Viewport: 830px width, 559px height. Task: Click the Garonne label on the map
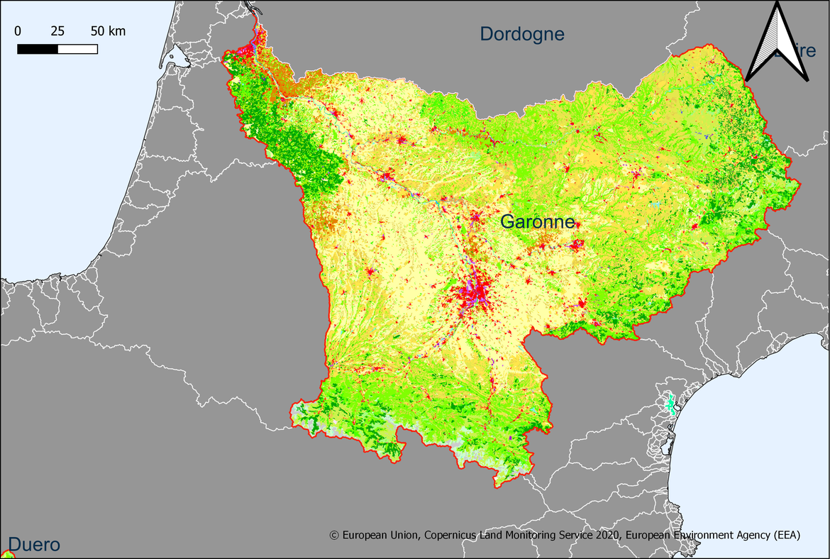[537, 222]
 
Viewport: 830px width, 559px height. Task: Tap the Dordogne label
[522, 33]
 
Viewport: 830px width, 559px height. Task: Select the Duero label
[34, 545]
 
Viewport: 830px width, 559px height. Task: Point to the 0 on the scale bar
[18, 31]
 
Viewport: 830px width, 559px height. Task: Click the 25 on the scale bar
[57, 31]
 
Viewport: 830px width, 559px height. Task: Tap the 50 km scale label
[108, 31]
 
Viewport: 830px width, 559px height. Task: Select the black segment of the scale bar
[38, 49]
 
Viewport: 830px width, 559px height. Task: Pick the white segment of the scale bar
[77, 49]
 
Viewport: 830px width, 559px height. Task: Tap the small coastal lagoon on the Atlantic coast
[177, 58]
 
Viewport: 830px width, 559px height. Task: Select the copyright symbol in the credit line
[334, 536]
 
